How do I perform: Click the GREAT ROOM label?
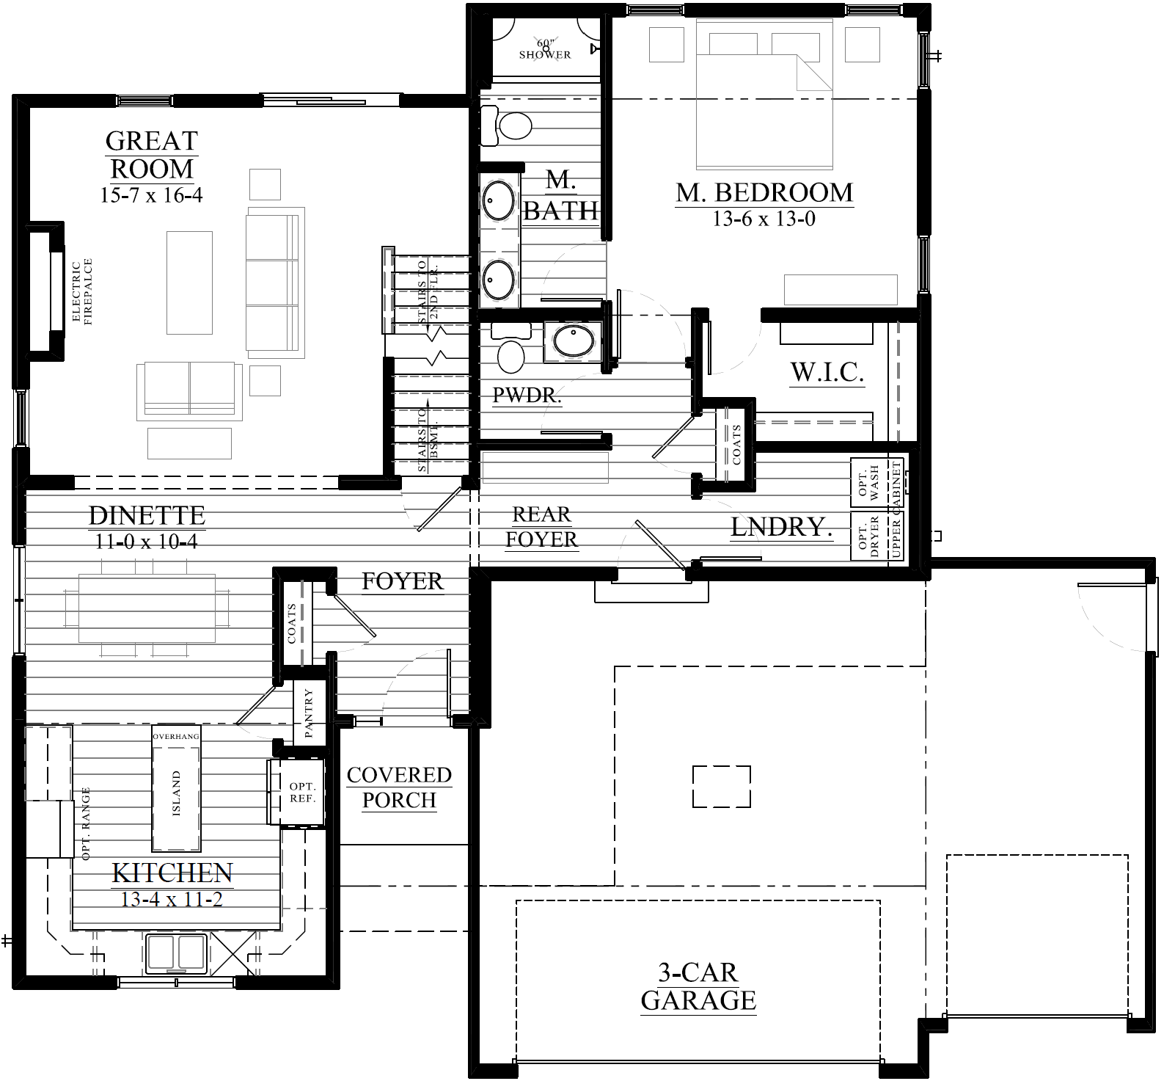(151, 154)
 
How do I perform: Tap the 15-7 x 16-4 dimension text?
(151, 195)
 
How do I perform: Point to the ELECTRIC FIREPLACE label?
(82, 291)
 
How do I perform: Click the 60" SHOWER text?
(545, 50)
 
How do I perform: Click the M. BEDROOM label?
(764, 192)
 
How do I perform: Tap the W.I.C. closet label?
(827, 373)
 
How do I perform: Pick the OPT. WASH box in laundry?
(868, 483)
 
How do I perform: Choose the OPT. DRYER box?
(868, 535)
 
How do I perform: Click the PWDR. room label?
(527, 396)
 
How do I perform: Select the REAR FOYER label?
(541, 527)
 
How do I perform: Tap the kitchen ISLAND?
(176, 793)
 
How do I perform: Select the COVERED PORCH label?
(399, 787)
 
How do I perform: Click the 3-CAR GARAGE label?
(698, 986)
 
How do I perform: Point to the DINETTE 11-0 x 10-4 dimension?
(146, 542)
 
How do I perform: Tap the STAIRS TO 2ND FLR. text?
(428, 292)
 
